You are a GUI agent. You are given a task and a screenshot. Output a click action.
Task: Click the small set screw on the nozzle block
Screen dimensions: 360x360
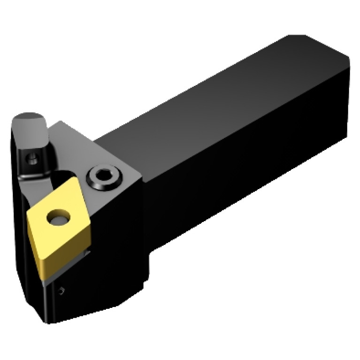(31, 159)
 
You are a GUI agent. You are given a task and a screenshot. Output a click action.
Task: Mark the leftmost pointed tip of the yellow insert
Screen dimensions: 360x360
(27, 215)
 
